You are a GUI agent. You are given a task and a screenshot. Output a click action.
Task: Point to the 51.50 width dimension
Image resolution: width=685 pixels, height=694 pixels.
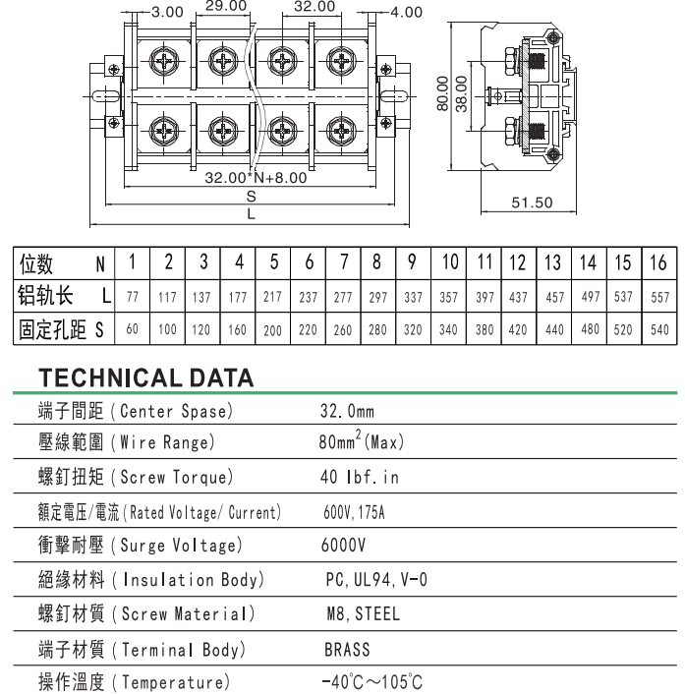click(532, 203)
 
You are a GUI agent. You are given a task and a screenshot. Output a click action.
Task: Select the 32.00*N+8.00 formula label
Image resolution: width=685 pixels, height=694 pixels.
click(255, 179)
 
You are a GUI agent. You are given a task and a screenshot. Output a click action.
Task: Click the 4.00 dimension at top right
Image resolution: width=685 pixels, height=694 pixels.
click(405, 13)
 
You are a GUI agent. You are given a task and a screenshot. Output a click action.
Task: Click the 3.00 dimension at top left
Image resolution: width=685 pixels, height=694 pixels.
click(167, 13)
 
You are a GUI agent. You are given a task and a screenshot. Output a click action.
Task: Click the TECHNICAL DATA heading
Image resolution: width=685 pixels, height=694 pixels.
click(145, 378)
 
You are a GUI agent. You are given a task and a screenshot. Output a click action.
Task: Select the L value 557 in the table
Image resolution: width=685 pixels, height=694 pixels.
click(659, 296)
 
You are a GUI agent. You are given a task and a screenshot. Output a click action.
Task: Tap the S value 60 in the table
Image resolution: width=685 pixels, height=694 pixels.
click(132, 330)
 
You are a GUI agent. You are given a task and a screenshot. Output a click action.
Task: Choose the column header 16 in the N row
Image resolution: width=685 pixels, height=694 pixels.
click(658, 262)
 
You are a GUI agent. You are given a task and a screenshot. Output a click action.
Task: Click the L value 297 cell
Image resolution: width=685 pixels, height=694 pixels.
click(377, 296)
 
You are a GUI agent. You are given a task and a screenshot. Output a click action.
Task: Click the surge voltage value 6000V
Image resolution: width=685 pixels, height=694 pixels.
click(344, 546)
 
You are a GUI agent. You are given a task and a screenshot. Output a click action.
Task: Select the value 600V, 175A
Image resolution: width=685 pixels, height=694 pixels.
click(355, 512)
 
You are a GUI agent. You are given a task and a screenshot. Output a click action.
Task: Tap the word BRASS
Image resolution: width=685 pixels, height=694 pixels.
click(347, 649)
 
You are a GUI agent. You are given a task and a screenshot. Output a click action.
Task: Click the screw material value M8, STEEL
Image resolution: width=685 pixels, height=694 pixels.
click(364, 614)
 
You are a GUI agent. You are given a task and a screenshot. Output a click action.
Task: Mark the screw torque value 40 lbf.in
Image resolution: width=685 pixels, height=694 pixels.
click(360, 478)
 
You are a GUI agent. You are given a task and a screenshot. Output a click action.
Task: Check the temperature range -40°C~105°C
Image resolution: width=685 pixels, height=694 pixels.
click(372, 682)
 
